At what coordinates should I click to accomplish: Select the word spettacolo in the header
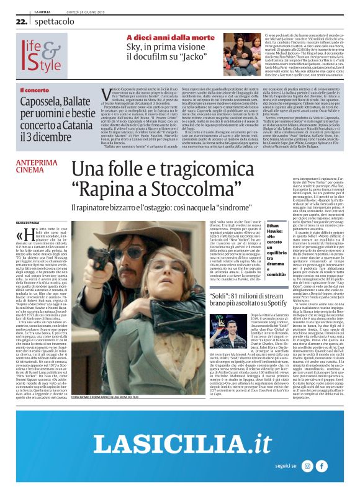point(50,21)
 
